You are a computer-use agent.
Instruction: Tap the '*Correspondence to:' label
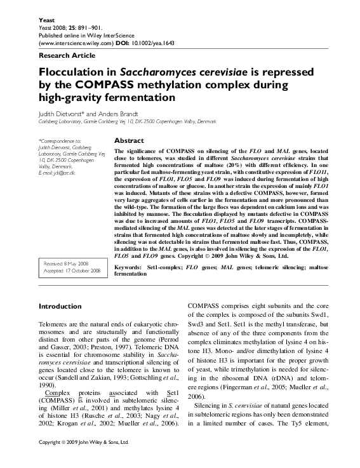tap(60, 140)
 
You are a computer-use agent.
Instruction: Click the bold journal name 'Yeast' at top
tap(47, 19)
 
